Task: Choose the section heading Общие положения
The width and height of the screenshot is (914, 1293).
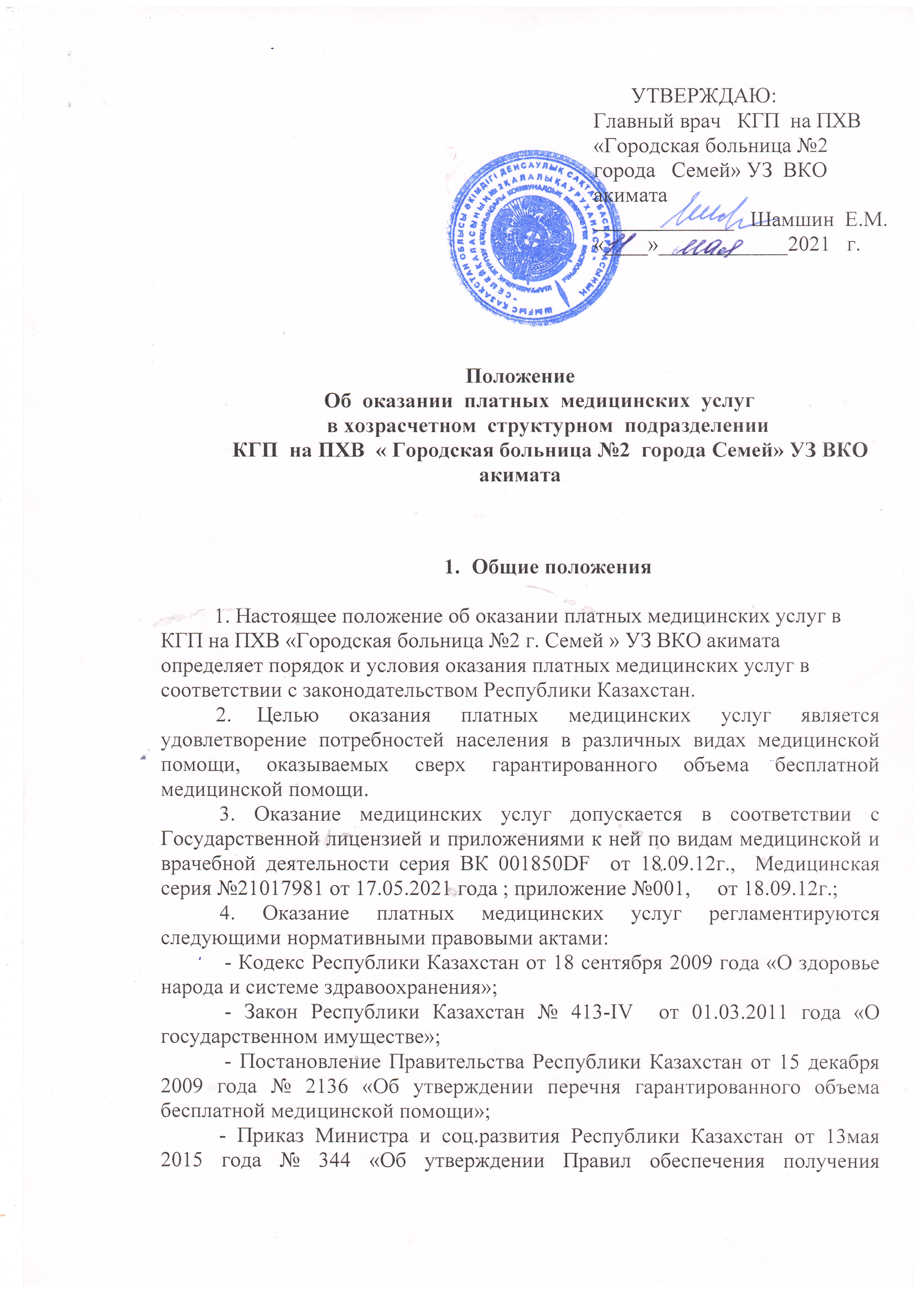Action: click(561, 567)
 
